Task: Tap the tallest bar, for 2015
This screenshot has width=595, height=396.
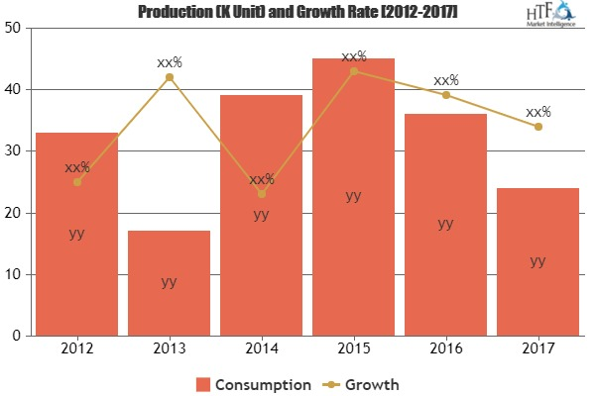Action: [353, 197]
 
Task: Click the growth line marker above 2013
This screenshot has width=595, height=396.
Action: [169, 77]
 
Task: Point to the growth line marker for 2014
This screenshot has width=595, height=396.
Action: [261, 194]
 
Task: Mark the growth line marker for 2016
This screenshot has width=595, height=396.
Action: [445, 95]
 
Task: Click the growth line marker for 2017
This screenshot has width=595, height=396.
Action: [537, 127]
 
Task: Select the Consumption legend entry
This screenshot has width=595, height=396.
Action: [254, 383]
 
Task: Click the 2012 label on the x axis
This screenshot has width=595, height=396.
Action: [76, 349]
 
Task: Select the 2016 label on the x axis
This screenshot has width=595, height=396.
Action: [445, 349]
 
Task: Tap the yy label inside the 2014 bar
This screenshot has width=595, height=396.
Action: [261, 214]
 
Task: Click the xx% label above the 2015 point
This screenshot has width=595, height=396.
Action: [353, 56]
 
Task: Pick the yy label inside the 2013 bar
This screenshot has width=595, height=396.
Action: [169, 281]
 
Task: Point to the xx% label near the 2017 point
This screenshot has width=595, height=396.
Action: [537, 112]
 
